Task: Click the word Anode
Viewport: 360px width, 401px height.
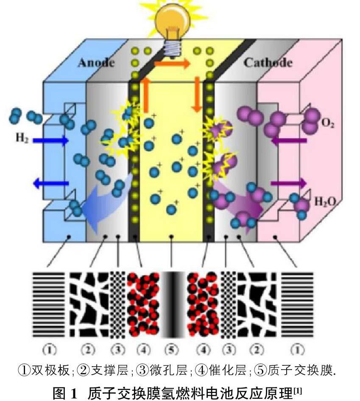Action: pos(96,63)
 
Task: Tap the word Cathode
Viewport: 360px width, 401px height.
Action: pos(268,63)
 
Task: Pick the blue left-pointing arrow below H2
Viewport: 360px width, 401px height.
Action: pos(51,183)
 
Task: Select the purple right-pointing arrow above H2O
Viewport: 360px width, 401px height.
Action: pos(288,183)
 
